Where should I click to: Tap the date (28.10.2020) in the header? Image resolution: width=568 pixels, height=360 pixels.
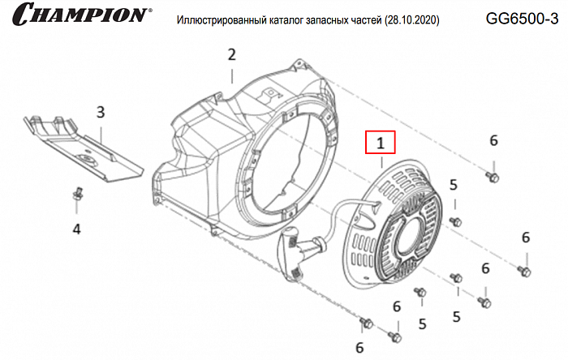(x=414, y=19)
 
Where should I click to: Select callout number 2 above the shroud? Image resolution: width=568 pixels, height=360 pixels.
(x=231, y=54)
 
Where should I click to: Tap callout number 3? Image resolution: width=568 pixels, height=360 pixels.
(x=101, y=111)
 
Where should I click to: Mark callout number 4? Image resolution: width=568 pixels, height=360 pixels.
(x=77, y=229)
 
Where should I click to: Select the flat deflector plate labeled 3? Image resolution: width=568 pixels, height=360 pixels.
(x=81, y=150)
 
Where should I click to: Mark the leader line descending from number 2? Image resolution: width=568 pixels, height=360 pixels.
(x=232, y=75)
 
